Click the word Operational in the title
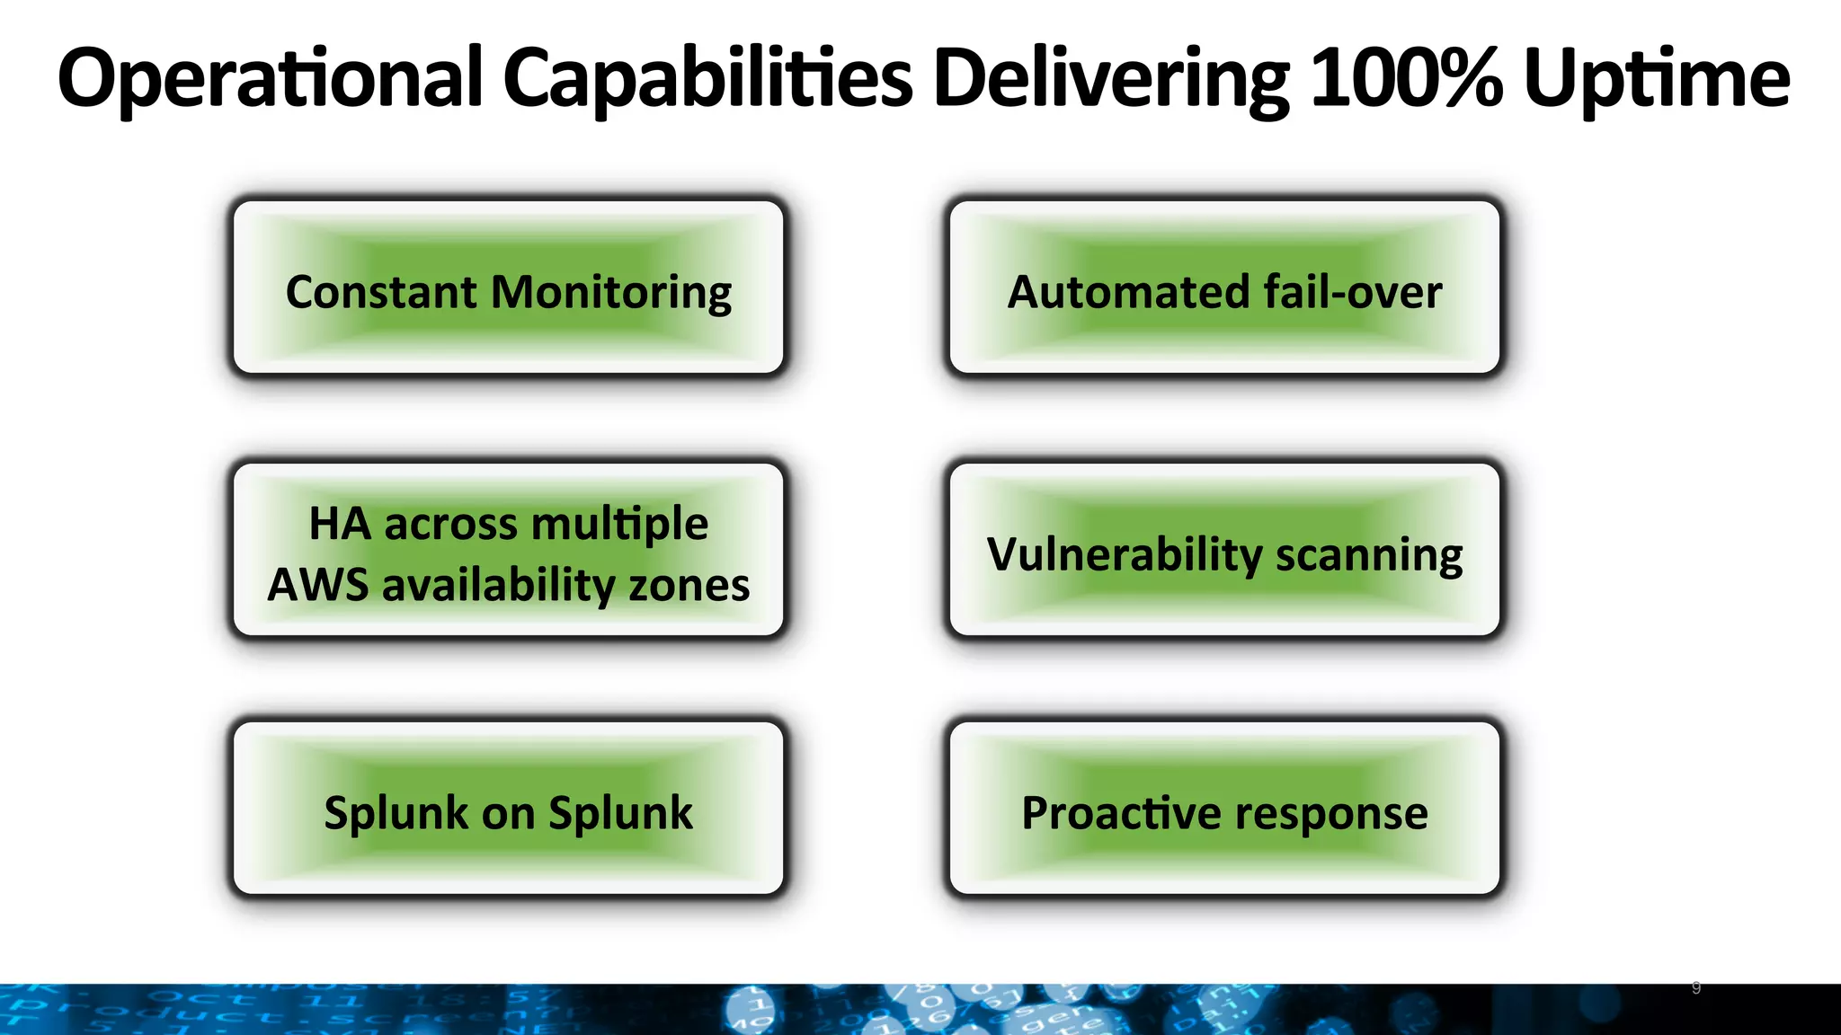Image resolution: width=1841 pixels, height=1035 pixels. click(270, 79)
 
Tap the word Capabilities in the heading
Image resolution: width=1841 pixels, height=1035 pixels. click(707, 79)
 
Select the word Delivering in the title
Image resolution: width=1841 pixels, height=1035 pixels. click(1111, 79)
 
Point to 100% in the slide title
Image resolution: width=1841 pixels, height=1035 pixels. click(1405, 79)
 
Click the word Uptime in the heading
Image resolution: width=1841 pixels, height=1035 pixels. click(1656, 79)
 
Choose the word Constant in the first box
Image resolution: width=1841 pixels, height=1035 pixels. click(381, 293)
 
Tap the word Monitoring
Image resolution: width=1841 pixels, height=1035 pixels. click(611, 293)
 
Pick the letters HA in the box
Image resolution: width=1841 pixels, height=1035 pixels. click(340, 524)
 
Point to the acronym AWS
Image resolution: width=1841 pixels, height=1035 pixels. click(318, 585)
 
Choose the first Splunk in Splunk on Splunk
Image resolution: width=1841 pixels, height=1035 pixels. click(396, 814)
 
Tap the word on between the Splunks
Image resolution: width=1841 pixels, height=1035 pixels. click(509, 814)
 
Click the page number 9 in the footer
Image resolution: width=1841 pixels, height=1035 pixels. click(1695, 988)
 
